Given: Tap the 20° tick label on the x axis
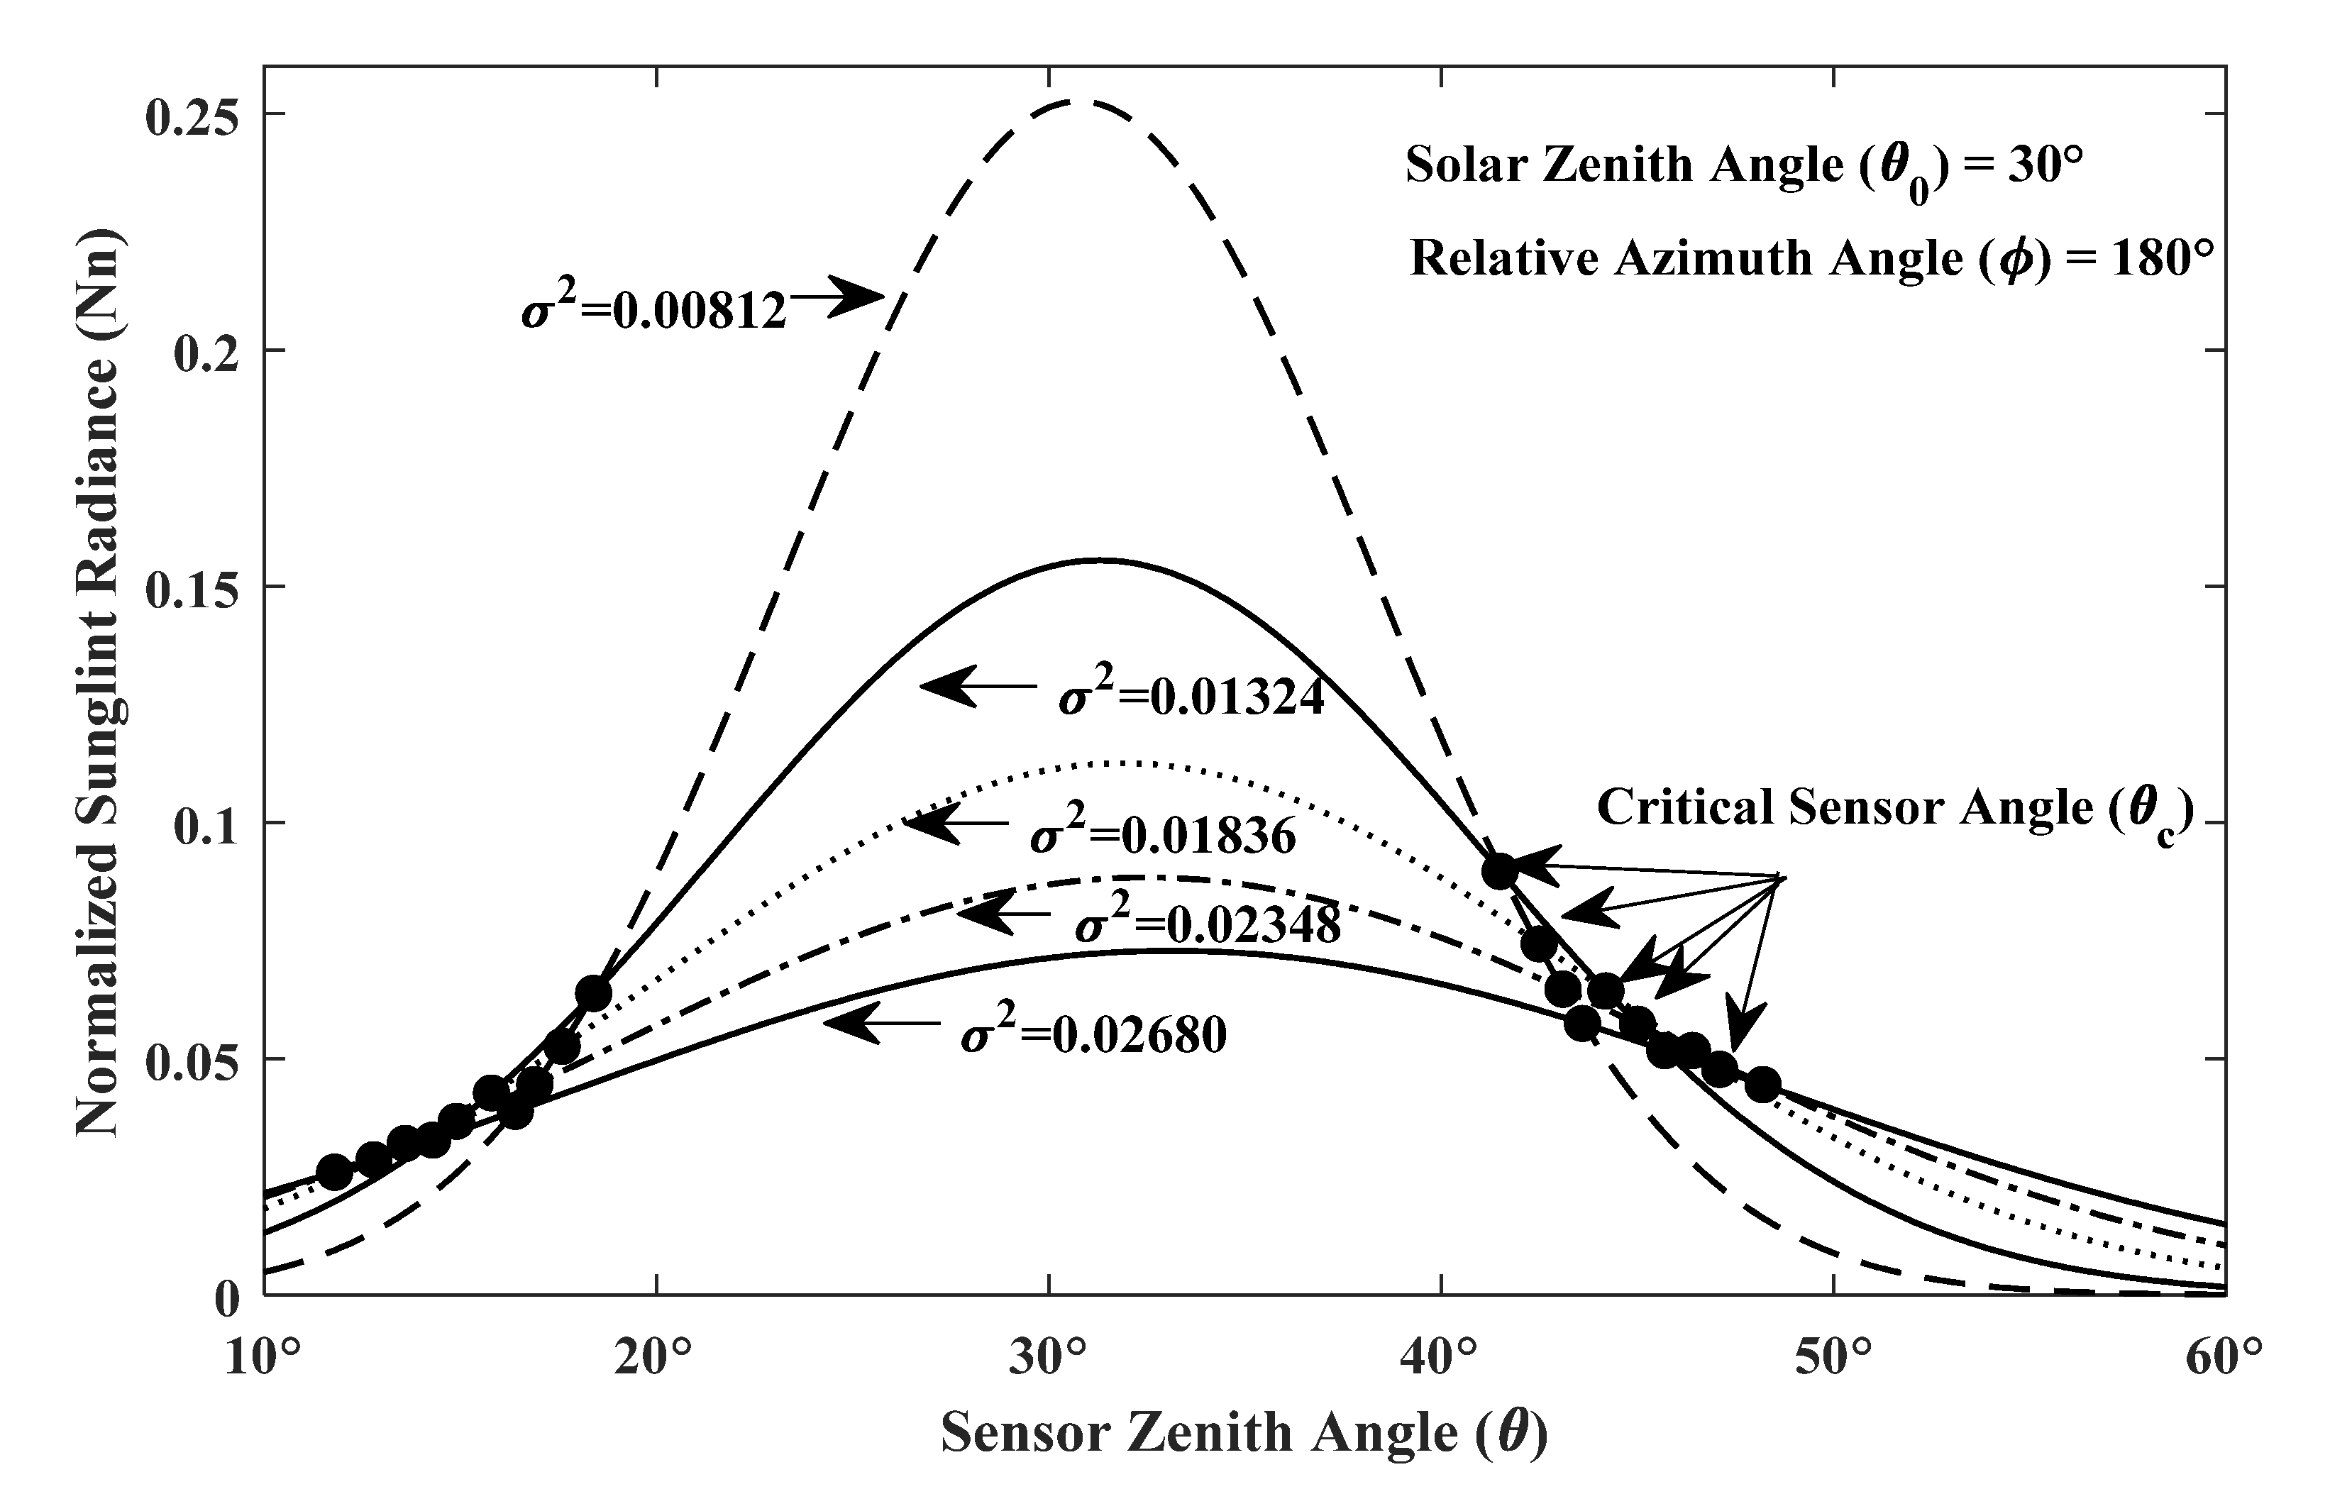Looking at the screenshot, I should click(x=656, y=1359).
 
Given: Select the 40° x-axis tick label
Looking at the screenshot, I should click(x=1440, y=1359).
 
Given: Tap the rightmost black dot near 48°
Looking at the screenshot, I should click(x=1762, y=1085).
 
